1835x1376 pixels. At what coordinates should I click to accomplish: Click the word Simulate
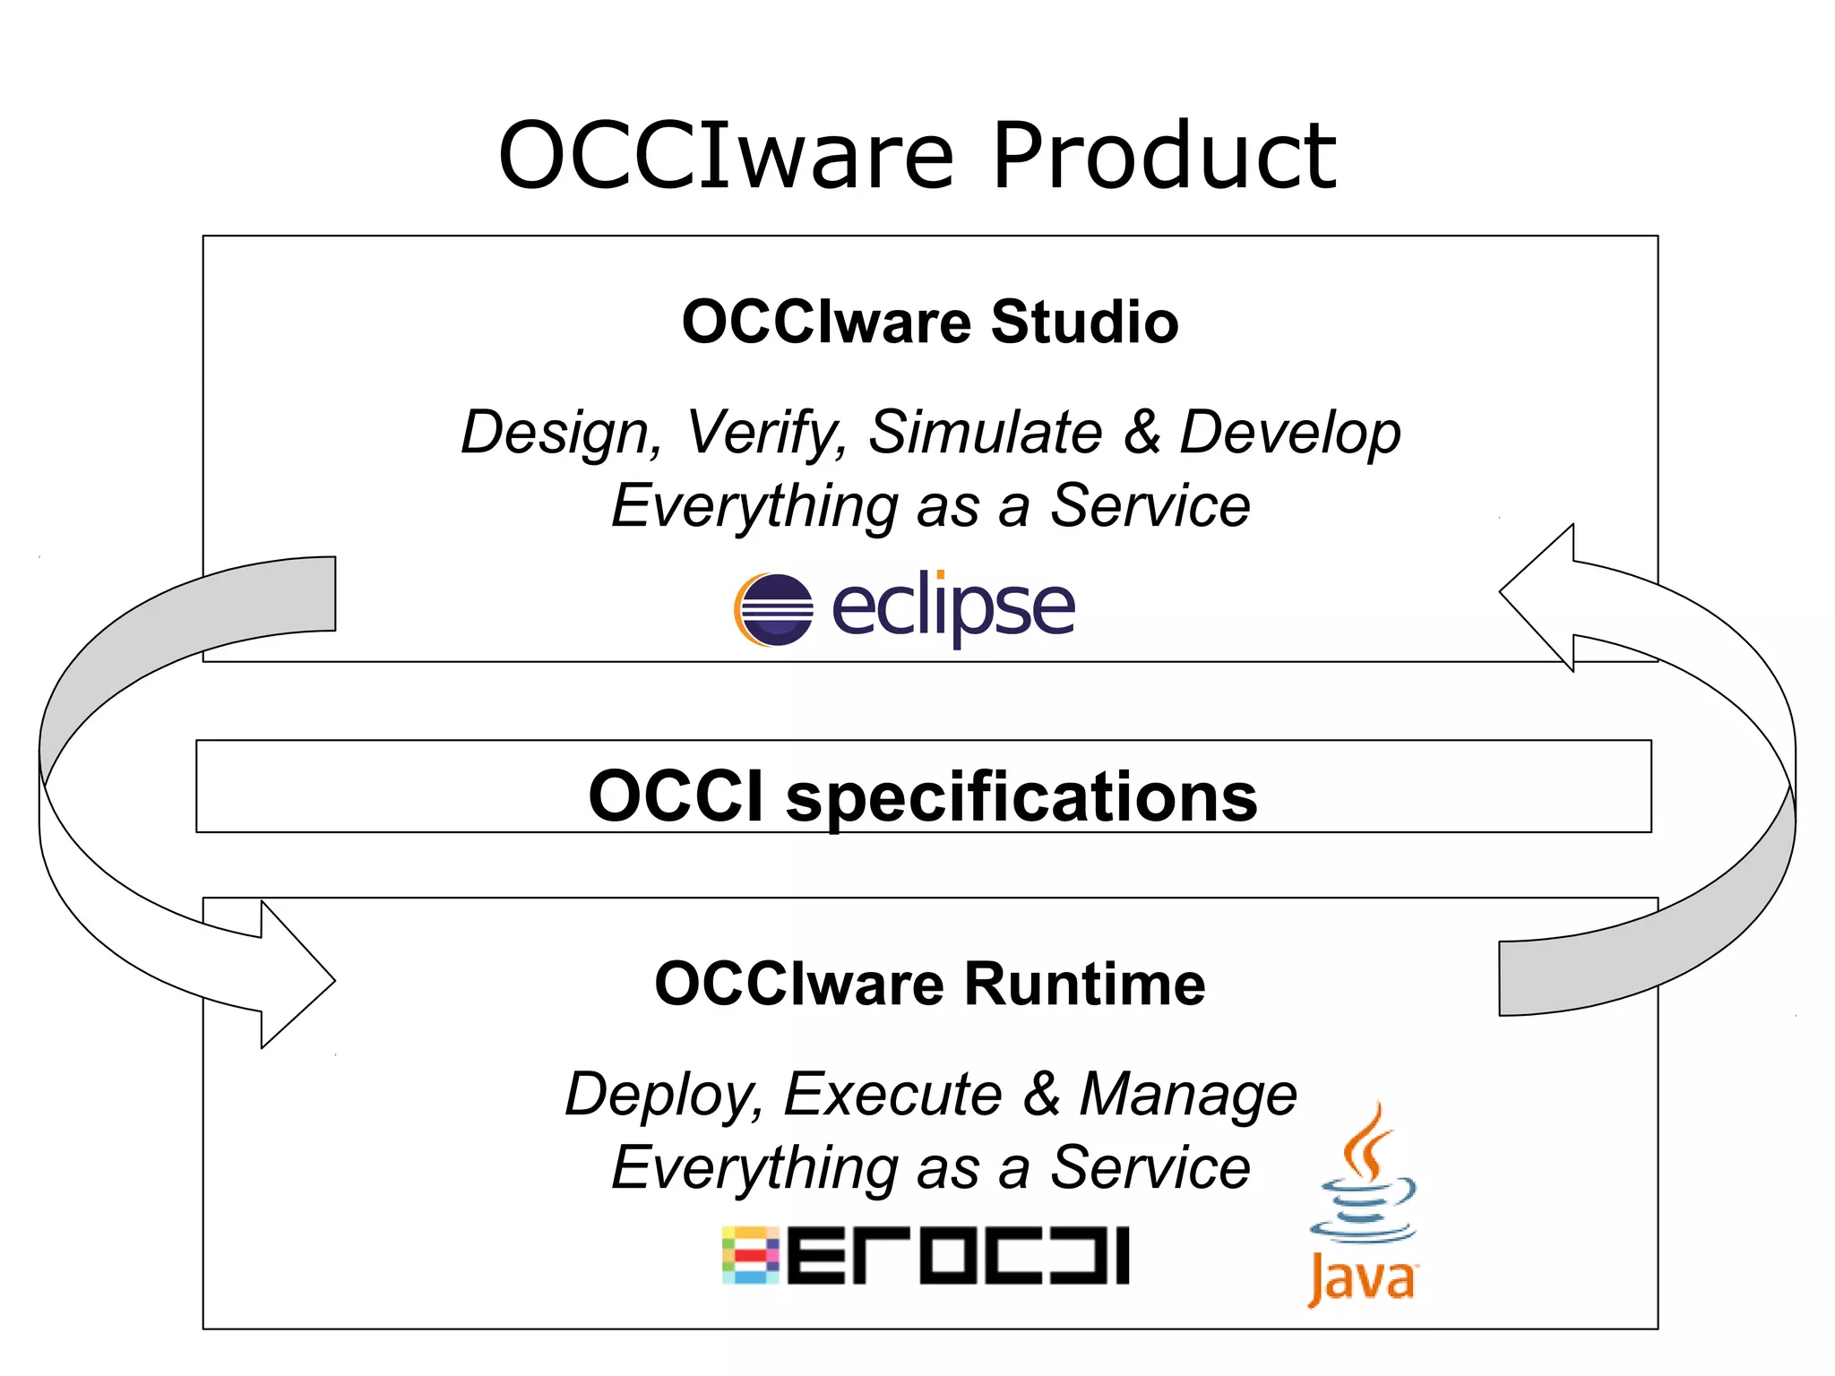[x=985, y=432]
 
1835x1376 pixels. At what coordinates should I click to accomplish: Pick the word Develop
[x=1289, y=434]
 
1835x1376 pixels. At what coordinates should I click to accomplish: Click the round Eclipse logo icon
[x=774, y=609]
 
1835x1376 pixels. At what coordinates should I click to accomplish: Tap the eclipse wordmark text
[x=953, y=608]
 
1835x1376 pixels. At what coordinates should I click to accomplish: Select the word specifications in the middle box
[x=1021, y=796]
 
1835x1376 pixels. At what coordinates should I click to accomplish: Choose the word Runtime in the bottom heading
[x=1084, y=984]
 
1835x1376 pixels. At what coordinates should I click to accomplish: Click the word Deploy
[x=665, y=1096]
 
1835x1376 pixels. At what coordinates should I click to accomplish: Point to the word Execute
[x=892, y=1094]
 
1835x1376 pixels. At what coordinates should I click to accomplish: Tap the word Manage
[x=1188, y=1096]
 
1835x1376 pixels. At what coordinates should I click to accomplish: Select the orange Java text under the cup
[x=1362, y=1278]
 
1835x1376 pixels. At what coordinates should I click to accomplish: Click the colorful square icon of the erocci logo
[x=751, y=1255]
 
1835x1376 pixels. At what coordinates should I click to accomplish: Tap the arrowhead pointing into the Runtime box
[x=296, y=977]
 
